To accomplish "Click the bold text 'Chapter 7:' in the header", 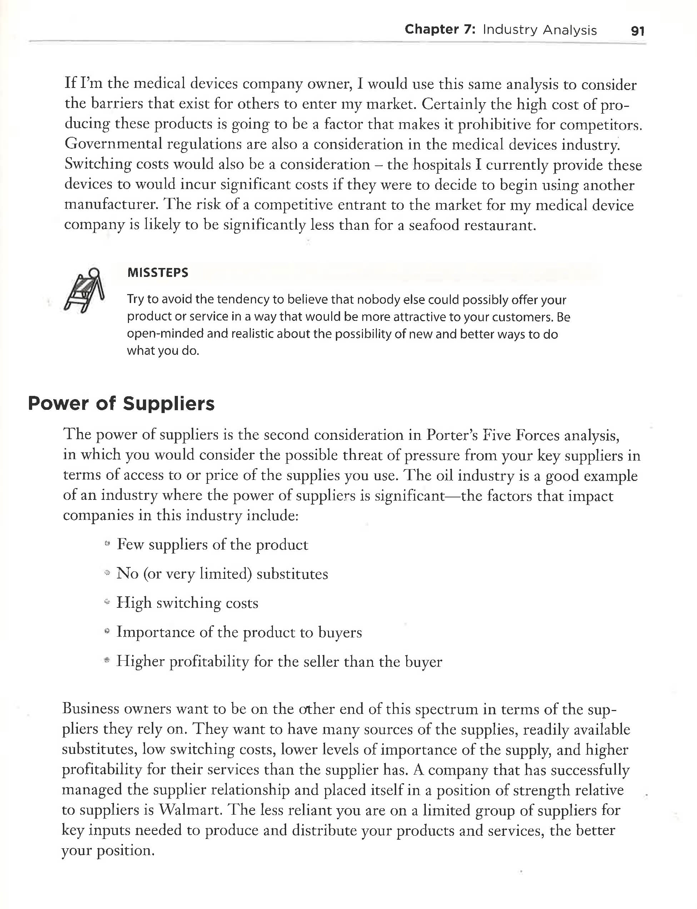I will pyautogui.click(x=440, y=29).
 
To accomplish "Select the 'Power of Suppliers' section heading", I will pyautogui.click(x=121, y=403).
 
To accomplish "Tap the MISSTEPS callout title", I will pyautogui.click(x=158, y=273).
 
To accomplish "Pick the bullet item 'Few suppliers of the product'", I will pyautogui.click(x=212, y=544).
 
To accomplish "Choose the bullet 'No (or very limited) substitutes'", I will pyautogui.click(x=222, y=573).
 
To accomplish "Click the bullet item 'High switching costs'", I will pyautogui.click(x=187, y=602).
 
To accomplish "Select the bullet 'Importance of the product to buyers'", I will pyautogui.click(x=239, y=632).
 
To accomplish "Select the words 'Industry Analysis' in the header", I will pyautogui.click(x=540, y=30).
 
